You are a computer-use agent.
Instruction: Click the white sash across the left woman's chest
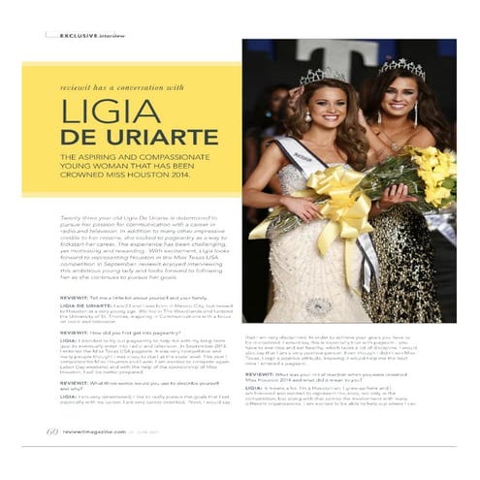pos(305,156)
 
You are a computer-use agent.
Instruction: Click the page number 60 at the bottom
pos(52,431)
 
